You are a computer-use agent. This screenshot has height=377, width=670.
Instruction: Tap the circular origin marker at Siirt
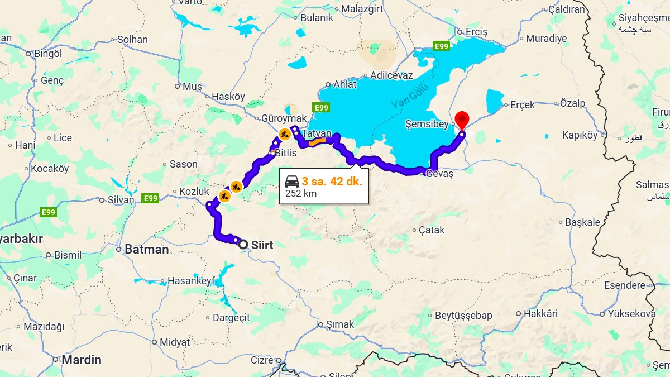click(x=243, y=244)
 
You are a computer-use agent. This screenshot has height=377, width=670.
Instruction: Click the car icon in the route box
click(x=291, y=182)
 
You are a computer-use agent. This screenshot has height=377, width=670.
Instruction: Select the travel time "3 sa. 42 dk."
click(x=332, y=182)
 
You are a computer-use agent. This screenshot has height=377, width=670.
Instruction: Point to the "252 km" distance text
click(x=300, y=194)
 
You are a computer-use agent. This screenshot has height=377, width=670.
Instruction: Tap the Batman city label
click(x=146, y=250)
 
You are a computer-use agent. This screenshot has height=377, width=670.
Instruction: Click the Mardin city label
click(x=82, y=360)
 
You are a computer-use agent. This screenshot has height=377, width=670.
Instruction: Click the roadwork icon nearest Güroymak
click(x=284, y=134)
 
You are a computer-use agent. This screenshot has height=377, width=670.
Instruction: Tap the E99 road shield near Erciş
click(x=441, y=46)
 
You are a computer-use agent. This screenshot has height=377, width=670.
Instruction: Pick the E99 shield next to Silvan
click(x=150, y=198)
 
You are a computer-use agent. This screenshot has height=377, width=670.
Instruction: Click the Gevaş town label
click(x=439, y=174)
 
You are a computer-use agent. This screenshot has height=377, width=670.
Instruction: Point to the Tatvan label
click(x=317, y=134)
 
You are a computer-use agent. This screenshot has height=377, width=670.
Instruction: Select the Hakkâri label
click(x=540, y=314)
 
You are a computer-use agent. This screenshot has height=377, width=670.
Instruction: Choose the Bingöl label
click(x=48, y=54)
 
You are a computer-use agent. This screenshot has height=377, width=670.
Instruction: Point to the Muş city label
click(x=192, y=87)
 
